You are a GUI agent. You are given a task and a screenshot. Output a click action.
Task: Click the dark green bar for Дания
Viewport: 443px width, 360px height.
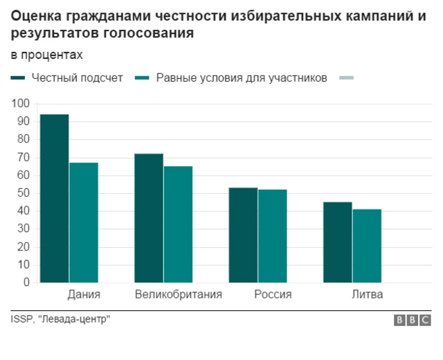[54, 198]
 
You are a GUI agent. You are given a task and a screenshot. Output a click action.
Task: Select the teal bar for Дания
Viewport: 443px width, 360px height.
[84, 222]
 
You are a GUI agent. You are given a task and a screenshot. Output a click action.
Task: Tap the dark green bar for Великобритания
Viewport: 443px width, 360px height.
[149, 218]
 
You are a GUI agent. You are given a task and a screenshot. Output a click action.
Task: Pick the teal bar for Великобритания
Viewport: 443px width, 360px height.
[178, 224]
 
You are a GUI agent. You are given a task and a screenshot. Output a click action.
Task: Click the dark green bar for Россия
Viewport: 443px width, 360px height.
[243, 235]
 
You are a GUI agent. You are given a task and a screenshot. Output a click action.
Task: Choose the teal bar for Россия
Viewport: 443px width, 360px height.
[272, 236]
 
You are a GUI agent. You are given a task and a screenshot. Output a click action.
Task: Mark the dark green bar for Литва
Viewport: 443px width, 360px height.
[338, 242]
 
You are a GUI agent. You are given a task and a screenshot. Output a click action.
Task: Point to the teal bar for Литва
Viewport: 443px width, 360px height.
[367, 246]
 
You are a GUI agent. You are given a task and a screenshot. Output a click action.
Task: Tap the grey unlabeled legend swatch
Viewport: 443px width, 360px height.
[346, 78]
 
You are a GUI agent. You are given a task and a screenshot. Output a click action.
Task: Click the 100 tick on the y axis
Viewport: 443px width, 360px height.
[21, 104]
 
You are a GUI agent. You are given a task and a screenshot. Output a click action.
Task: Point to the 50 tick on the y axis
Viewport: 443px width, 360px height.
[24, 193]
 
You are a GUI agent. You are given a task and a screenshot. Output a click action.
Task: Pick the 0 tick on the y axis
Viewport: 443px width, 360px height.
[26, 282]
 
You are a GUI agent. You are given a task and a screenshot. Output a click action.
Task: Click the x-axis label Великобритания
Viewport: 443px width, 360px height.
[179, 295]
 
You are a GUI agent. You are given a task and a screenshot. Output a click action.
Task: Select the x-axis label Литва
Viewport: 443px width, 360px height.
[367, 295]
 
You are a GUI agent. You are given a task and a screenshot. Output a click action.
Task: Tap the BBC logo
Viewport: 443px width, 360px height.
[412, 320]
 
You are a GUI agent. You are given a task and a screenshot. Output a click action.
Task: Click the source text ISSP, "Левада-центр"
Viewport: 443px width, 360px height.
[60, 318]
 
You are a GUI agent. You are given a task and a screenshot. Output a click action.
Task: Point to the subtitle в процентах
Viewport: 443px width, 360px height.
[46, 55]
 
